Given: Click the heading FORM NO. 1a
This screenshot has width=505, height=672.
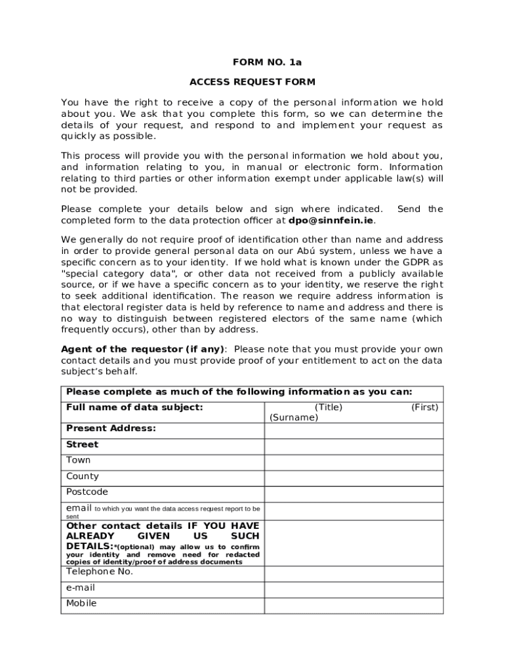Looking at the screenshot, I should [267, 62].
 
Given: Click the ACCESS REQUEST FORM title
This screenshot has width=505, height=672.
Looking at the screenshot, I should [252, 82].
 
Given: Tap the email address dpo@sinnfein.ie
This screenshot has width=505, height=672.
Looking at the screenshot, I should [326, 220].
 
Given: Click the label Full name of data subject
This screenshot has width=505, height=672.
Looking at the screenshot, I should [134, 408].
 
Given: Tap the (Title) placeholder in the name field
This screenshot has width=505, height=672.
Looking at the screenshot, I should [328, 408].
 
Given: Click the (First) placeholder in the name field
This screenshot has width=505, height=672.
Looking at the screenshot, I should [424, 408].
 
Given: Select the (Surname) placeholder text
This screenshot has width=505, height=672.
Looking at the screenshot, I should [293, 417].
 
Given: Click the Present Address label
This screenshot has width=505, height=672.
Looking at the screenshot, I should [111, 429].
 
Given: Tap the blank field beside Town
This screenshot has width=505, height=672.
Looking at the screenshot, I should [353, 462].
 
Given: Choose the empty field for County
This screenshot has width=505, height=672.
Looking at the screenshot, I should [353, 478].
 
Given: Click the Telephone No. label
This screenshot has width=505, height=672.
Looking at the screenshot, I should [100, 572].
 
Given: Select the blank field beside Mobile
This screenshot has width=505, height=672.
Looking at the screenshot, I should [353, 605].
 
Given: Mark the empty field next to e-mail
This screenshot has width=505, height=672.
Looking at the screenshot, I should [353, 589].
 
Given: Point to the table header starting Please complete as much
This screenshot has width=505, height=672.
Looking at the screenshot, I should [239, 392].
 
